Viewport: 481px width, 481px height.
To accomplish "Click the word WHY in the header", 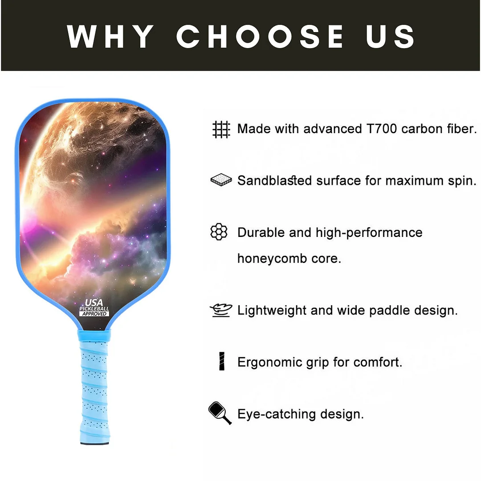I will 110,37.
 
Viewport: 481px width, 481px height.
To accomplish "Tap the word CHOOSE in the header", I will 260,37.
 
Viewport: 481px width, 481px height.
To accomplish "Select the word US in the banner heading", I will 390,37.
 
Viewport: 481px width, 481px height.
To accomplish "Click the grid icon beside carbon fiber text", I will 221,129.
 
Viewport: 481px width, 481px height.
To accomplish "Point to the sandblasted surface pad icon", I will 221,180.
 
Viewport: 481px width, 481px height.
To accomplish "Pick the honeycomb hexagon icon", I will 219,232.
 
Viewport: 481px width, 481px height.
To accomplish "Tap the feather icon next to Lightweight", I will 221,310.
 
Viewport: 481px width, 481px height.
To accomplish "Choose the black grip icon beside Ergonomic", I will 221,361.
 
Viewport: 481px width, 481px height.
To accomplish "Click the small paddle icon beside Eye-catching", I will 220,413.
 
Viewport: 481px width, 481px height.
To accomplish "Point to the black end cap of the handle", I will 94,442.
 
